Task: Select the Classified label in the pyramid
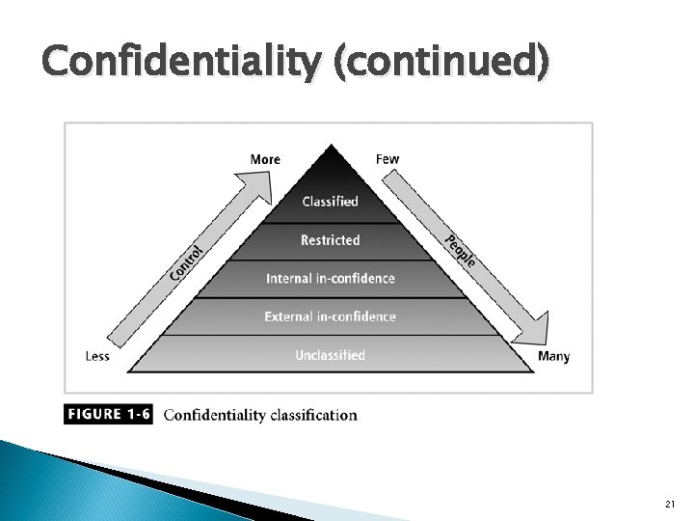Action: [x=330, y=202]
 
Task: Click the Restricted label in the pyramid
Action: [x=330, y=240]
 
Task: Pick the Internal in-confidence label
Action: [x=330, y=279]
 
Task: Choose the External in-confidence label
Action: [x=330, y=316]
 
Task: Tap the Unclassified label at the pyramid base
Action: [x=330, y=355]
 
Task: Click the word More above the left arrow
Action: [x=265, y=159]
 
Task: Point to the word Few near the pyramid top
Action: [x=387, y=159]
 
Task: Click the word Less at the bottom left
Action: [x=97, y=356]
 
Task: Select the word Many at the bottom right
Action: [x=553, y=356]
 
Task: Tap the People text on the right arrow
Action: [x=460, y=251]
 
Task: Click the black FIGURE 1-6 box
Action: [x=108, y=415]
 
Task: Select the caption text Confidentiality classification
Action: [x=260, y=416]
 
